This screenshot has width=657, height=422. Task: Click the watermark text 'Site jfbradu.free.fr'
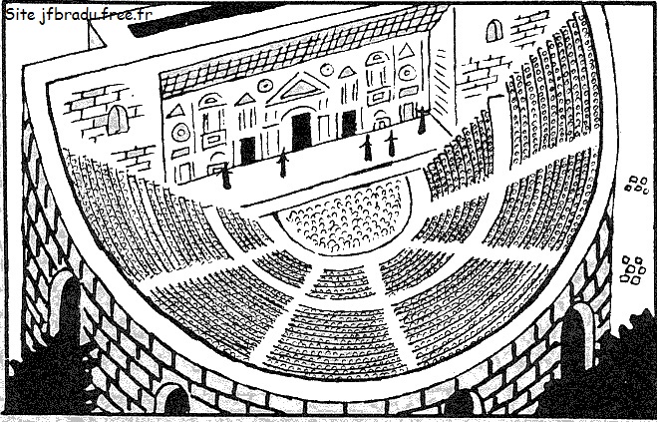(x=79, y=16)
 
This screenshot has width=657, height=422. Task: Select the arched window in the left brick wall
(x=117, y=120)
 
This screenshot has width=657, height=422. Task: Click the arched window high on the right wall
(x=494, y=31)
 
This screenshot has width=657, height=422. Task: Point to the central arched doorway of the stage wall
(x=301, y=131)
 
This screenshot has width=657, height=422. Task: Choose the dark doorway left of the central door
(x=247, y=151)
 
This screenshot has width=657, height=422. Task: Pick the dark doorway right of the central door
(x=349, y=124)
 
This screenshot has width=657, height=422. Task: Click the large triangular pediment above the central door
(x=298, y=88)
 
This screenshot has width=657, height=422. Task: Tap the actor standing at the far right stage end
(x=422, y=120)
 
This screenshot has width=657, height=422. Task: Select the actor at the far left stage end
(x=226, y=176)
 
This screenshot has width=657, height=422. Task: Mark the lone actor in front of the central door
(x=283, y=163)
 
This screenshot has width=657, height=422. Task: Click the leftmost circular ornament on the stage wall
(x=181, y=133)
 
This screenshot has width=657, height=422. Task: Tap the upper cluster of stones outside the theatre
(x=637, y=185)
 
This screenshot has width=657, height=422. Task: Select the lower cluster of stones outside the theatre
(x=633, y=269)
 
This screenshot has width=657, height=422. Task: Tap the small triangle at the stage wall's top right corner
(x=406, y=51)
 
